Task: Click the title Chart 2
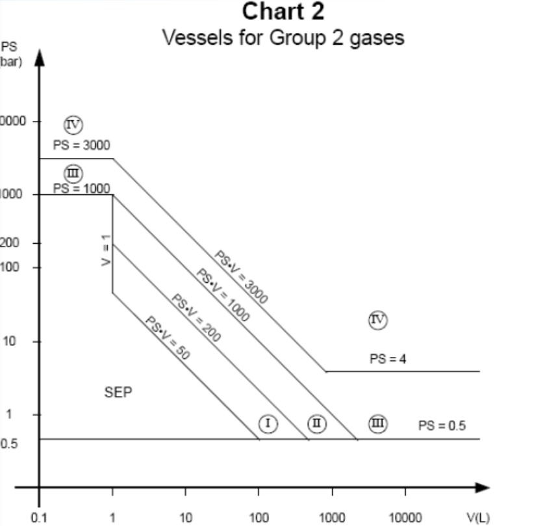283,12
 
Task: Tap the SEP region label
118,393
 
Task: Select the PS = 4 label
388,358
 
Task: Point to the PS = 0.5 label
442,426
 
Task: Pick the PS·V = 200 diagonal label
197,318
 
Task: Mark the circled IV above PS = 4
378,319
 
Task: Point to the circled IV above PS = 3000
73,123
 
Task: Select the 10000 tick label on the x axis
405,518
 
